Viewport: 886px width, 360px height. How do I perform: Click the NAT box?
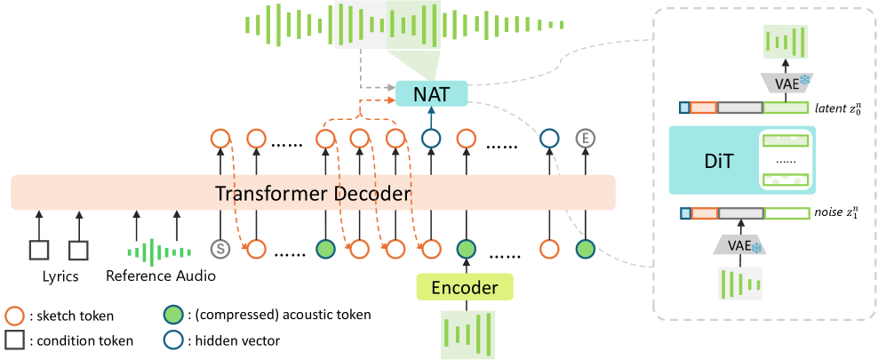pos(431,92)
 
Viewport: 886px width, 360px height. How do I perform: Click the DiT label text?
pos(707,160)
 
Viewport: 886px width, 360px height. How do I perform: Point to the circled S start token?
pos(220,248)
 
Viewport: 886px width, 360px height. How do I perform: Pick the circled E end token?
pos(584,138)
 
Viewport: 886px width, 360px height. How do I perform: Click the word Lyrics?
pos(60,276)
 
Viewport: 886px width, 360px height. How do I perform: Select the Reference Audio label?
pos(161,276)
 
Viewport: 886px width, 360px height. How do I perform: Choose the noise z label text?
pos(837,213)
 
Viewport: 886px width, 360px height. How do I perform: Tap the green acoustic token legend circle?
pos(171,316)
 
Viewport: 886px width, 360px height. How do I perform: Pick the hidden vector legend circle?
pos(171,340)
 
